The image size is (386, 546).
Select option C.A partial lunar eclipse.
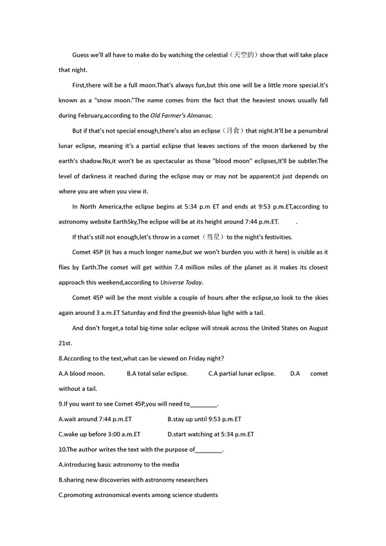coord(241,373)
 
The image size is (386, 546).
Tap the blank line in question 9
coord(204,404)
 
